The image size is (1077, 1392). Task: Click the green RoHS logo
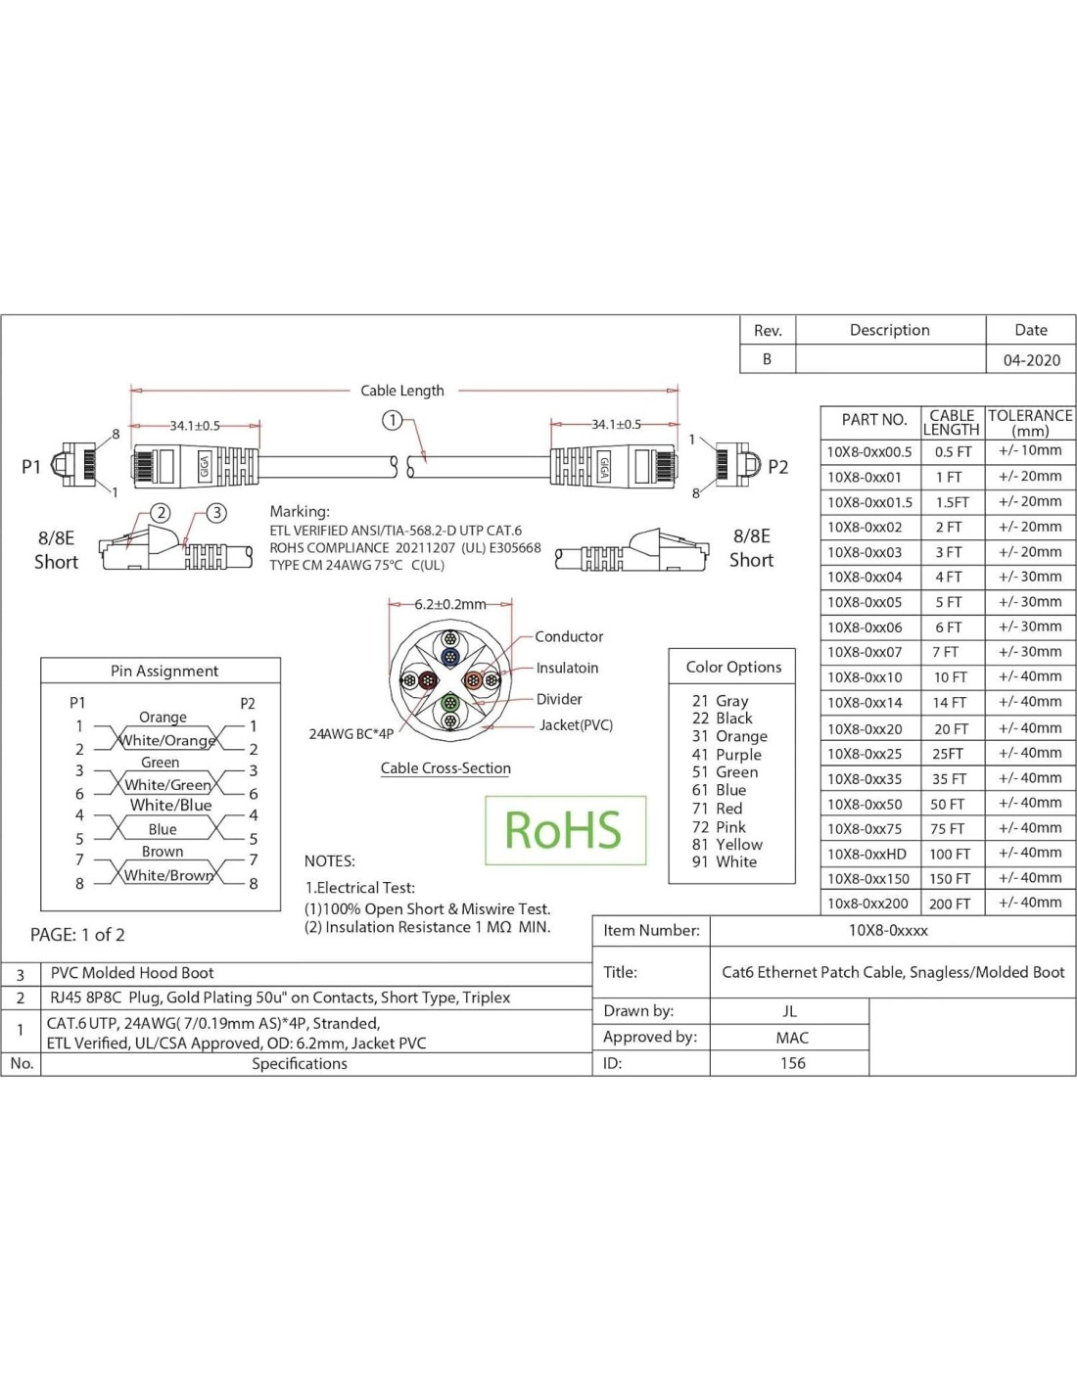pos(564,830)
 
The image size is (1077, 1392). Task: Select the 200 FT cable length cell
pos(950,904)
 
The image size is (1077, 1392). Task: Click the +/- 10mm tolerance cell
pos(1030,451)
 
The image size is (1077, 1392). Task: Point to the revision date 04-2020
pos(1031,360)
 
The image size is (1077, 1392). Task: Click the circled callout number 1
pos(392,421)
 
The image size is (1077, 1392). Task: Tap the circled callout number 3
pos(216,513)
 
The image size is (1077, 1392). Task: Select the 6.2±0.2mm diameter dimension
pos(449,605)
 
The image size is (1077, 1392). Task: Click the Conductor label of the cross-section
pos(569,637)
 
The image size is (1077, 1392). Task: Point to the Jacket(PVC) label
pos(576,725)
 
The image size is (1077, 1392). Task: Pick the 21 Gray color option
pos(720,701)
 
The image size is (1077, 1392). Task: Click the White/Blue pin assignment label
pos(170,806)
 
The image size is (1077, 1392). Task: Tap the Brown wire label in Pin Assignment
pos(163,852)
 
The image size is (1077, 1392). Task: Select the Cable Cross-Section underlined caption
pos(445,768)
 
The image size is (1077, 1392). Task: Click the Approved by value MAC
pos(792,1038)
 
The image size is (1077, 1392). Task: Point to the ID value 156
pos(792,1063)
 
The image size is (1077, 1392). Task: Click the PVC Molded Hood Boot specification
pos(132,973)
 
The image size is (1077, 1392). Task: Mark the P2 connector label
pos(777,468)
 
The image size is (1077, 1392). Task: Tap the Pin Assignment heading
pos(164,672)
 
